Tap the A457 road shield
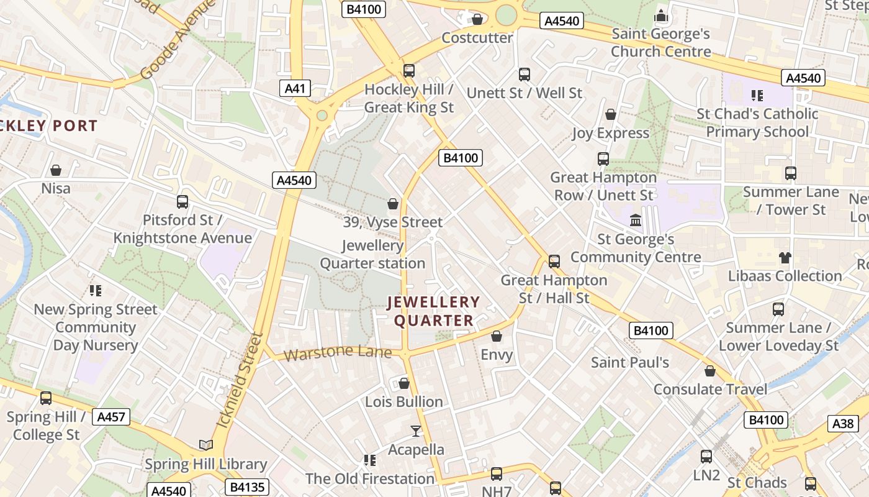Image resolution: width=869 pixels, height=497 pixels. tap(111, 416)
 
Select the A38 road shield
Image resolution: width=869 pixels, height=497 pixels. tap(843, 424)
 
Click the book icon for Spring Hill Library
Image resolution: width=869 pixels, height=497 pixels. tap(205, 445)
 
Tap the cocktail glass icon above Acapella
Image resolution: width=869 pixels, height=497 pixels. tap(416, 431)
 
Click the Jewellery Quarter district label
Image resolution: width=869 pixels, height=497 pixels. tap(433, 311)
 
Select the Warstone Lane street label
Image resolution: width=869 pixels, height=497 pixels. tap(338, 353)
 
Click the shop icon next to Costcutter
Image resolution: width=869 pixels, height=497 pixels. tap(477, 19)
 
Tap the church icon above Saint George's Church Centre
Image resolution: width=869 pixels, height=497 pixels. tap(660, 15)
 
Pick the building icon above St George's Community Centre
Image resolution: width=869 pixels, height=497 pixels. tap(635, 221)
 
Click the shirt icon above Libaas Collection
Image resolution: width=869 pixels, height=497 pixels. tap(785, 257)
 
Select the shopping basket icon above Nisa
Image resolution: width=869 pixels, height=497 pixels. tap(56, 170)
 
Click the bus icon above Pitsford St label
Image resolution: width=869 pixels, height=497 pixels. tap(182, 201)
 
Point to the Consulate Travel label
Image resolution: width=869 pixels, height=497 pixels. tap(710, 390)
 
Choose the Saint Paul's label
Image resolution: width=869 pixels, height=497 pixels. tap(629, 362)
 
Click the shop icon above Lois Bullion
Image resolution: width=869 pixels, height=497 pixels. tap(403, 383)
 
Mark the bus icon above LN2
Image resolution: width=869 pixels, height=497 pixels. tap(706, 457)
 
